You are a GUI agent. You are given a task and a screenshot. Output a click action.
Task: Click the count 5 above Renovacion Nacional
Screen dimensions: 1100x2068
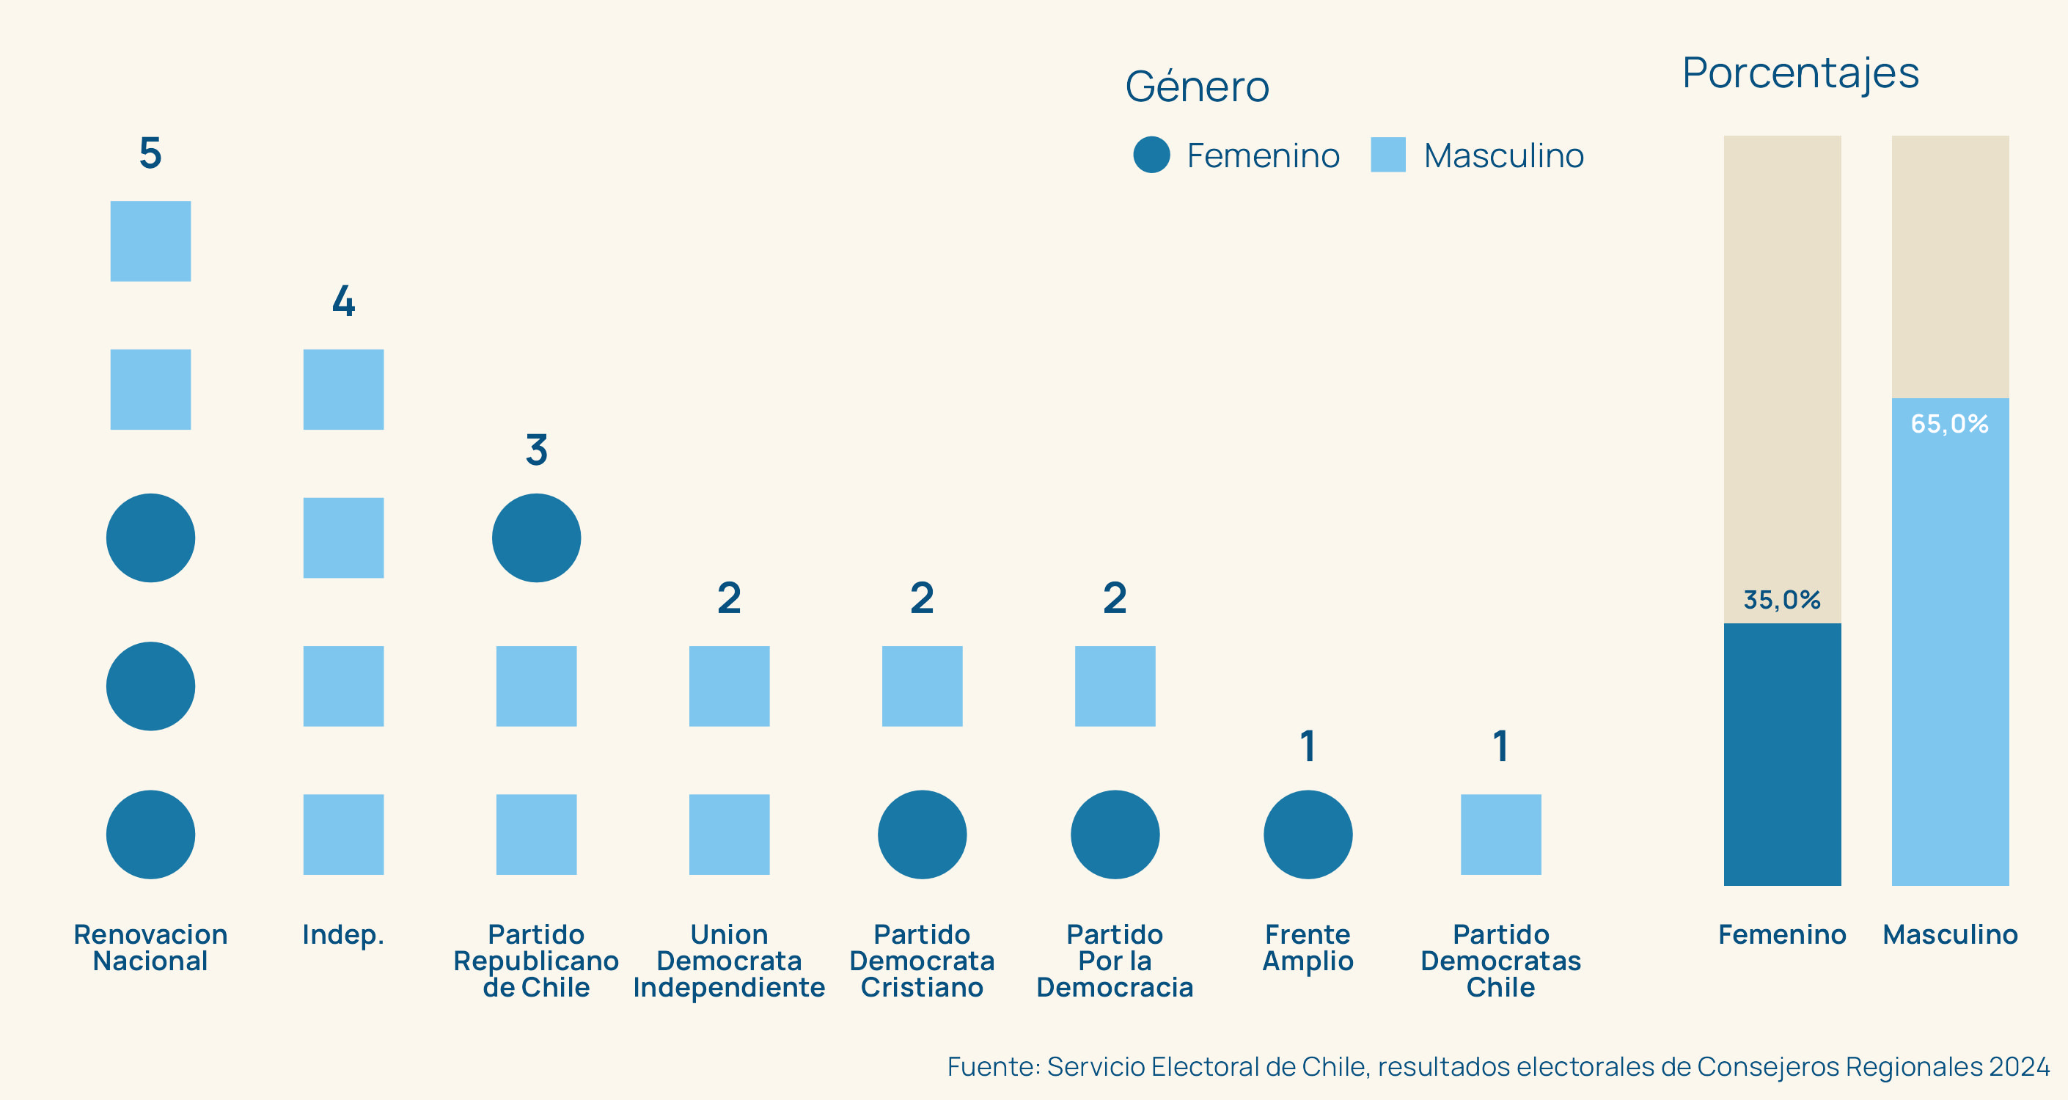pyautogui.click(x=150, y=153)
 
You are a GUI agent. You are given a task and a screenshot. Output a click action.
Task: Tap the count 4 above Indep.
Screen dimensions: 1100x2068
pyautogui.click(x=344, y=301)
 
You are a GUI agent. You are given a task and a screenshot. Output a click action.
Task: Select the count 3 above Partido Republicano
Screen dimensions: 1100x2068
pyautogui.click(x=536, y=450)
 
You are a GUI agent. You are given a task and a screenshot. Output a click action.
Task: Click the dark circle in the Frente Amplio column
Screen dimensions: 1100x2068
pyautogui.click(x=1308, y=835)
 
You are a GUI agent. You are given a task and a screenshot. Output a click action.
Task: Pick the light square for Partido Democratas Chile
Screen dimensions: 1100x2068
pyautogui.click(x=1500, y=835)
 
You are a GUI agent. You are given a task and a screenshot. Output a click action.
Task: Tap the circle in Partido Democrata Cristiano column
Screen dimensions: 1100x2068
pyautogui.click(x=922, y=835)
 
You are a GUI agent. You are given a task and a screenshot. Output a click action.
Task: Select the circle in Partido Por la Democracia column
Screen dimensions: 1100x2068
pyautogui.click(x=1115, y=835)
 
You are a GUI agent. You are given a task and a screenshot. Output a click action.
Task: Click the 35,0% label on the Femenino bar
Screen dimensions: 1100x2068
pyautogui.click(x=1781, y=600)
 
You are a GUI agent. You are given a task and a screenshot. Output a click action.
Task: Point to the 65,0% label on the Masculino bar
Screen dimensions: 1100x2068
pyautogui.click(x=1949, y=423)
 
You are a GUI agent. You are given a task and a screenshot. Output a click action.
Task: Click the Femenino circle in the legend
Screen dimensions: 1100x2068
pyautogui.click(x=1151, y=155)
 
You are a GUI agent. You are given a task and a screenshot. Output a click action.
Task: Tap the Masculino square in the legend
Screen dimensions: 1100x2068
pyautogui.click(x=1388, y=155)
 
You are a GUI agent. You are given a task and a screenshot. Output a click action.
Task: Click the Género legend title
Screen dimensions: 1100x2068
pyautogui.click(x=1197, y=87)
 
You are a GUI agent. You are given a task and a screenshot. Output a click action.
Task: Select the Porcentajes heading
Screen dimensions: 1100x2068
pyautogui.click(x=1800, y=73)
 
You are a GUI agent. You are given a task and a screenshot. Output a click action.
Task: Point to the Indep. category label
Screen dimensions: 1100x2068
pyautogui.click(x=344, y=934)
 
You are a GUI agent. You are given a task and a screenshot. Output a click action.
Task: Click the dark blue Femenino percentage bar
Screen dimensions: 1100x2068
pyautogui.click(x=1782, y=754)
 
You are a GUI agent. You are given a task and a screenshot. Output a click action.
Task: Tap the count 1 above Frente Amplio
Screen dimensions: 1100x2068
pyautogui.click(x=1308, y=746)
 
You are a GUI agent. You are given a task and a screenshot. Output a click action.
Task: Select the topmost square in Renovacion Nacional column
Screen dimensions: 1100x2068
pyautogui.click(x=150, y=241)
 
